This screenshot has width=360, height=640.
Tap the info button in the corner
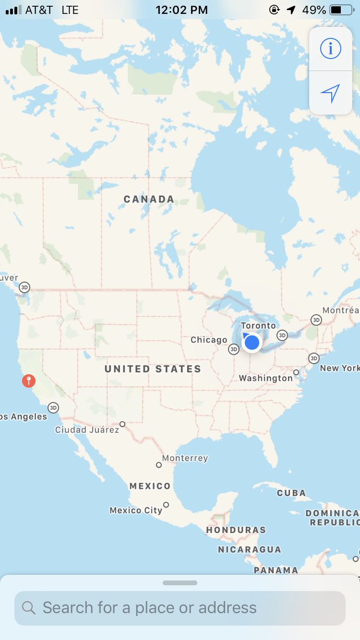coord(330,49)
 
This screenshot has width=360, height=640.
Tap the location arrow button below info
coord(330,93)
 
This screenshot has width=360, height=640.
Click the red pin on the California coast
coord(28,381)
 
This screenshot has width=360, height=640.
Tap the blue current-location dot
coord(251,342)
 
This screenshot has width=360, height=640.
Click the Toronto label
coord(259,326)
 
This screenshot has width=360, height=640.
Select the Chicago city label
coord(209,340)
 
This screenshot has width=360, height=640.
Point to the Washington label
coord(266,378)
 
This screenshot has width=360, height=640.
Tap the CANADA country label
coord(149,199)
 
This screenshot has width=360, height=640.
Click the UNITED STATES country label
coord(153,369)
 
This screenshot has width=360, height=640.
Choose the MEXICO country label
coord(150,486)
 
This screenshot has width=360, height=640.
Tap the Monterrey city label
coord(185,458)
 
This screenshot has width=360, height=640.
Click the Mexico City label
coord(135,510)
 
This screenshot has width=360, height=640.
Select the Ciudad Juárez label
coord(87,429)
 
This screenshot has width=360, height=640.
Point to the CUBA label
coord(291,493)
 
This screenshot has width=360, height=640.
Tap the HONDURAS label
coord(236,530)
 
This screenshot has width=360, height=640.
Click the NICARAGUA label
coord(249,549)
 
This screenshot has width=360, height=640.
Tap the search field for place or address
coord(180,607)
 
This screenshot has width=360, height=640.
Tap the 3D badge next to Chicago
coord(234,349)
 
